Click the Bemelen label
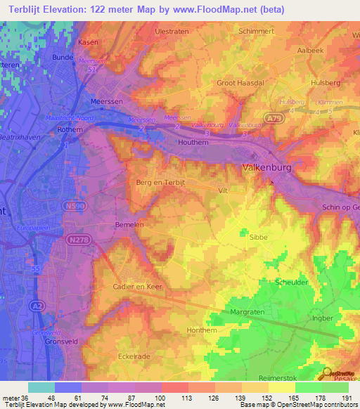[128, 224]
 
